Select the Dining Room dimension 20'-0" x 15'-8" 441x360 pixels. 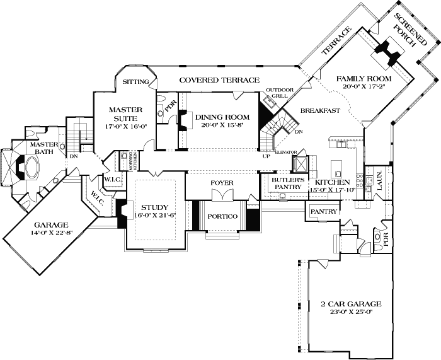click(220, 126)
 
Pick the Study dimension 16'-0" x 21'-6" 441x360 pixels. click(154, 215)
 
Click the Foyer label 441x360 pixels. click(221, 183)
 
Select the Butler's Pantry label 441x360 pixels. click(283, 183)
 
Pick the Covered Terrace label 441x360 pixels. click(219, 81)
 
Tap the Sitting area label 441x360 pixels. click(135, 81)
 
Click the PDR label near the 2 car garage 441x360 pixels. click(377, 238)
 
